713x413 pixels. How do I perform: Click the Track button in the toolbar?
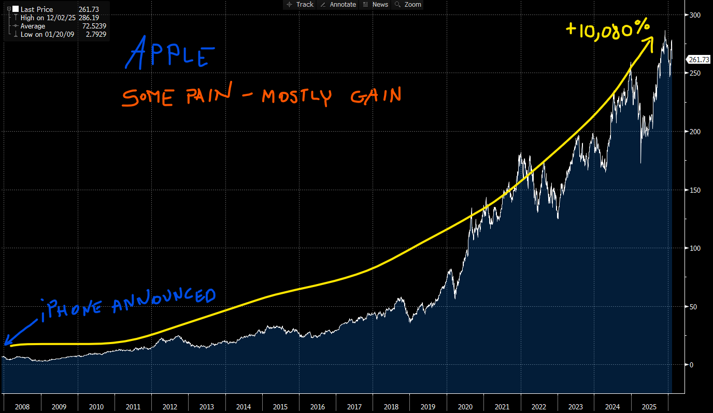[300, 5]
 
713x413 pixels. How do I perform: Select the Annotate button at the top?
[338, 5]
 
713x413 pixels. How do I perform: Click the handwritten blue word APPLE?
[169, 53]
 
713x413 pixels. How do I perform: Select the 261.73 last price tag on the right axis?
[699, 60]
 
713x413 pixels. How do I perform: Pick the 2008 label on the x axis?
[22, 407]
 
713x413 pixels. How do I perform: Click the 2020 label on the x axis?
[465, 407]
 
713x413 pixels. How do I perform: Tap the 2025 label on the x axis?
[650, 407]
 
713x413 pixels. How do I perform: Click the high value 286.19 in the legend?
[89, 18]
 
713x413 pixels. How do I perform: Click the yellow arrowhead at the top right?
[648, 40]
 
